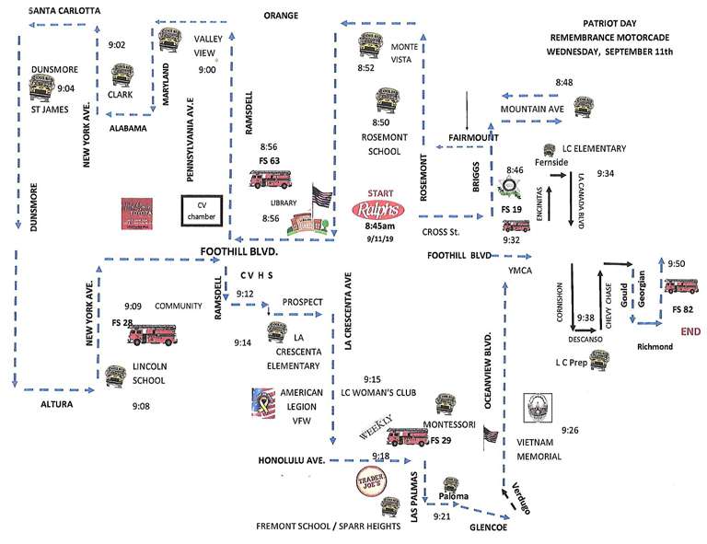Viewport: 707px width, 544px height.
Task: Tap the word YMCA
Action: [522, 271]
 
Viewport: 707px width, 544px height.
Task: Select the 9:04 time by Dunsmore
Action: [66, 89]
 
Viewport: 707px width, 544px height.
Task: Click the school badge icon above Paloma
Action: [452, 484]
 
